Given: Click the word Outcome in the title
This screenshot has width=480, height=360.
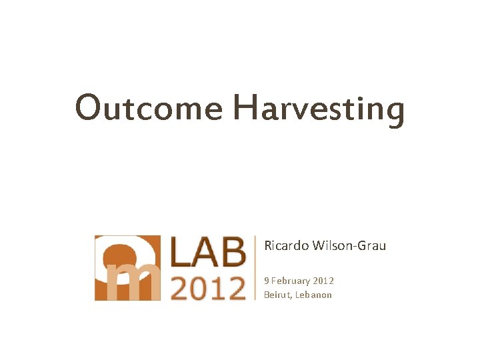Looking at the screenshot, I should (149, 107).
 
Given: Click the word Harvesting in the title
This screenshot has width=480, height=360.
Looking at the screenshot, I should (319, 109).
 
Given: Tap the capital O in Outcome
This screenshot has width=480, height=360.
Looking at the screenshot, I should (89, 107).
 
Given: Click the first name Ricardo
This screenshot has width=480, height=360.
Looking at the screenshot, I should (286, 246).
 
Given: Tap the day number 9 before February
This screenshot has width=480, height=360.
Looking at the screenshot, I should (267, 281).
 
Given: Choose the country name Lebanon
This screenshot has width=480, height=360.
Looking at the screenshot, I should (313, 295).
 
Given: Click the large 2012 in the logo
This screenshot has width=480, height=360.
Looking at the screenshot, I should (209, 287).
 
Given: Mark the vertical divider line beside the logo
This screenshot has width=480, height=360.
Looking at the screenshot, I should (256, 267).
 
